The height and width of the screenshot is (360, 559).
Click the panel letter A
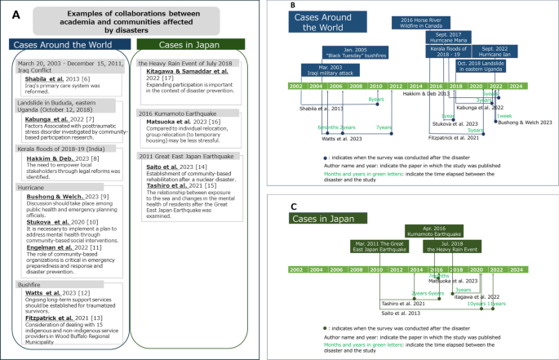[8, 12]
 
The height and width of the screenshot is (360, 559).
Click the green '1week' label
[504, 139]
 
